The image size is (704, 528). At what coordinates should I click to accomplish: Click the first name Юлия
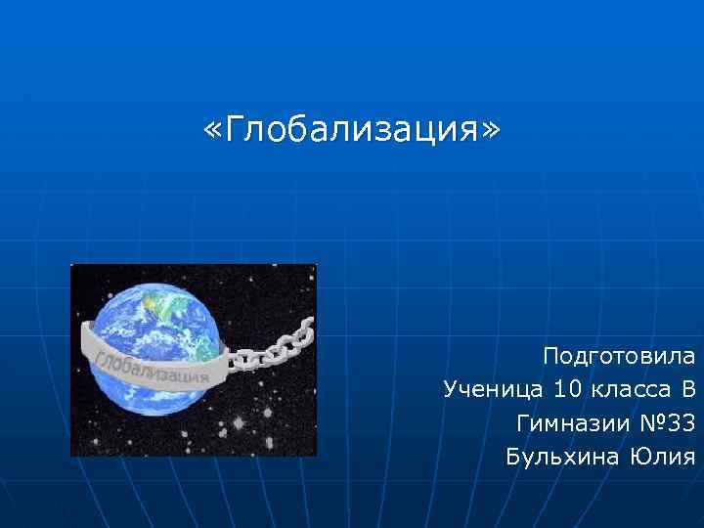click(x=663, y=457)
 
